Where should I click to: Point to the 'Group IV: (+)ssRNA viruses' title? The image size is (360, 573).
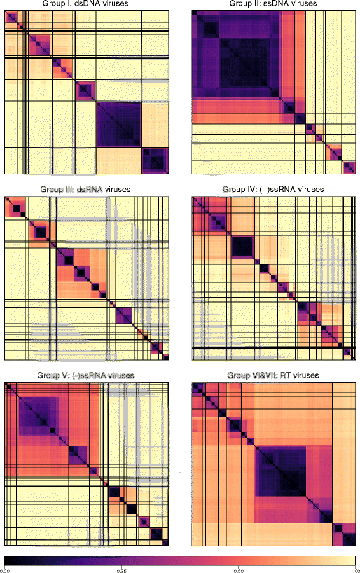(x=273, y=190)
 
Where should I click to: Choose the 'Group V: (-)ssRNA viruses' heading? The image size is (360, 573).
(x=87, y=376)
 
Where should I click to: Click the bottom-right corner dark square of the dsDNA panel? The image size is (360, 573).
(x=155, y=160)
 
